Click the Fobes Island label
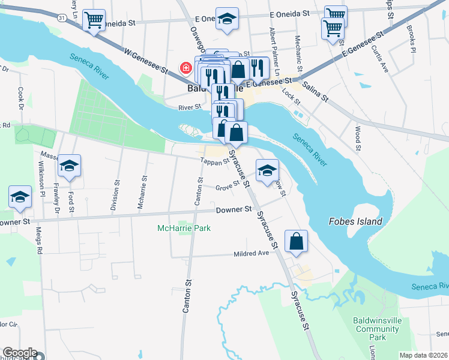click(355, 221)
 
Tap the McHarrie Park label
click(184, 228)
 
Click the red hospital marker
click(187, 68)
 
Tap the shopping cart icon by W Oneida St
click(94, 20)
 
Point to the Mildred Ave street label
click(251, 254)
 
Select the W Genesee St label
click(144, 62)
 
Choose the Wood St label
click(357, 138)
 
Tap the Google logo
click(19, 353)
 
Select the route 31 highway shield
click(62, 19)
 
